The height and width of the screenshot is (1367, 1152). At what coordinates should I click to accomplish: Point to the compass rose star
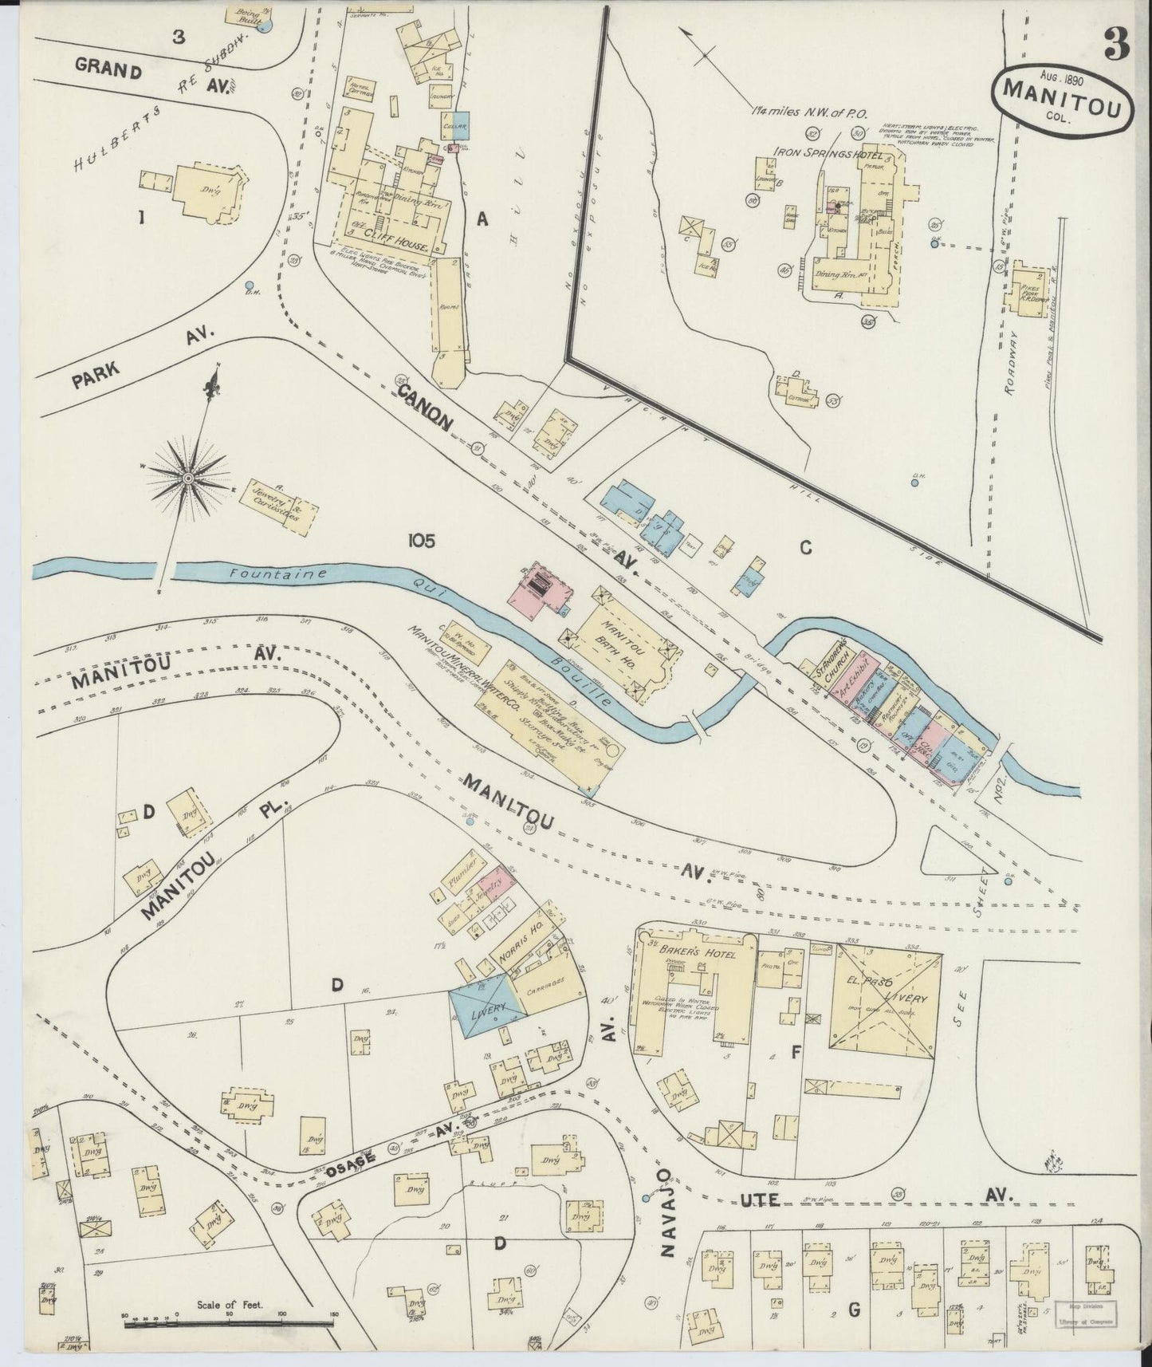click(188, 478)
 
